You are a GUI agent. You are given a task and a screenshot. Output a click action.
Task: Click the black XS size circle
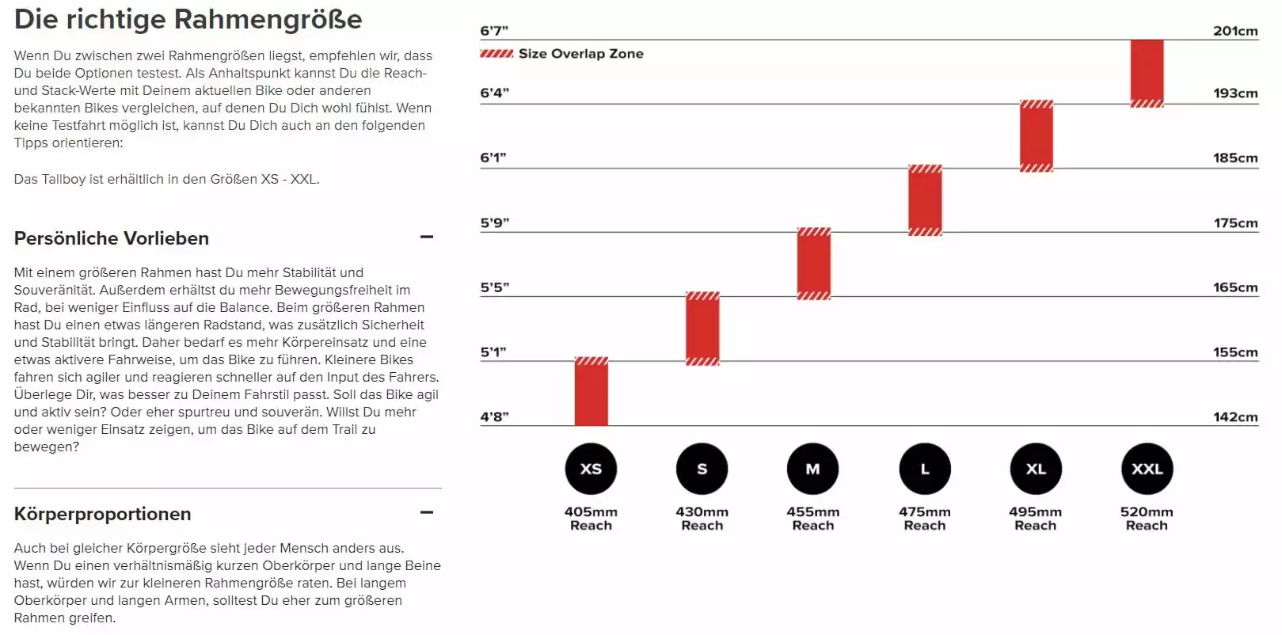[591, 469]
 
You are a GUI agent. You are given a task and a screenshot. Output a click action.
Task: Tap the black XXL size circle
[1147, 469]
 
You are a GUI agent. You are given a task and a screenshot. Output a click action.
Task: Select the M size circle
[812, 469]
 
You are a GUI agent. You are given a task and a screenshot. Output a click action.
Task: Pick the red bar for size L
[925, 200]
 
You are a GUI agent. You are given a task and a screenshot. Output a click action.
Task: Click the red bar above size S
[702, 329]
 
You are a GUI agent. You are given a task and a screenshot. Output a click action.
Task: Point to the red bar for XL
[1036, 136]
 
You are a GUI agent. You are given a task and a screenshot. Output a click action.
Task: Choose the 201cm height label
[1234, 31]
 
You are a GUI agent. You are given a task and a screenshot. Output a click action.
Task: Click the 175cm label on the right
[1235, 222]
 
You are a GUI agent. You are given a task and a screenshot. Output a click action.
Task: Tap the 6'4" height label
[494, 93]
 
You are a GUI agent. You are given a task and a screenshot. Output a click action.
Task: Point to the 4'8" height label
[494, 416]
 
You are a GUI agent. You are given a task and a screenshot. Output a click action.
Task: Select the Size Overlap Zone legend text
[580, 54]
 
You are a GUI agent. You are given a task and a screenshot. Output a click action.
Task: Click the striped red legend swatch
[496, 54]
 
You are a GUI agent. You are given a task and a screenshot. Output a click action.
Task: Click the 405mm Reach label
[591, 519]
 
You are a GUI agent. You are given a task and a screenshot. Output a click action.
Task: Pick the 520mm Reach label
[1147, 519]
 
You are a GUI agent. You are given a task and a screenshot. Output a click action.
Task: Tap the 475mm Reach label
[924, 519]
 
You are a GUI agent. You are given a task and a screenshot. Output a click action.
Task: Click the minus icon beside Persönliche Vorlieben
[427, 237]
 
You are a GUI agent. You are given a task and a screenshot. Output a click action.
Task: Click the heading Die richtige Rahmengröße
[188, 19]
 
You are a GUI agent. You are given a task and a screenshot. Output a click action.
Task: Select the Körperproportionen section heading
[102, 514]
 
